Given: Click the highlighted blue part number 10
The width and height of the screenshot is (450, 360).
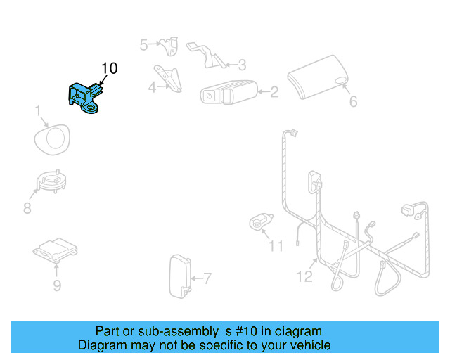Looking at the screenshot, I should pos(84,97).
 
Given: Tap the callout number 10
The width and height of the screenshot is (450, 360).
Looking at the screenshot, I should pos(110,68).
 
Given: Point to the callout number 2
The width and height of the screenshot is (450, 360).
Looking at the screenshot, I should pos(274,91).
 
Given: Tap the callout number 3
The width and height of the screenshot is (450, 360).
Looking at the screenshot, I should pos(241,65).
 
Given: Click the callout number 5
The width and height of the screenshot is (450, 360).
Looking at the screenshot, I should pos(144,45).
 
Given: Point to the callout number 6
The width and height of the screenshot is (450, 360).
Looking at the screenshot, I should pos(353,102).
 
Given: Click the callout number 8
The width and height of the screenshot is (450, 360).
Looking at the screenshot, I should pos(27,208).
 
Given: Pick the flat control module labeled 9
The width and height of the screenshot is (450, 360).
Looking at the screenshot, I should pos(56,250).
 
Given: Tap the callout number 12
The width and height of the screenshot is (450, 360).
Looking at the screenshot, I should pos(304,276).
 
